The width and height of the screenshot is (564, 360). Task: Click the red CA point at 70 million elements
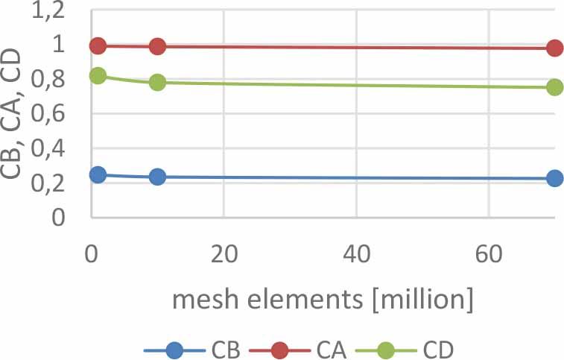coord(554,48)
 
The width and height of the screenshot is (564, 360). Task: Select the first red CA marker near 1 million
coord(98,45)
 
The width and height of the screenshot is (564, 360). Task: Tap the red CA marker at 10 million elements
coord(157,46)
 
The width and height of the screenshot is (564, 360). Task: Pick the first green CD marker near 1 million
coord(98,75)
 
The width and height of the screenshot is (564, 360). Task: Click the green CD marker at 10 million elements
coord(157,83)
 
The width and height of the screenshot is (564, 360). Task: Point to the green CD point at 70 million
coord(554,86)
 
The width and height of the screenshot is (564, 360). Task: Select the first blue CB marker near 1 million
coord(98,174)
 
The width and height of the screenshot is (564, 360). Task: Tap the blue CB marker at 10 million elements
coord(157,177)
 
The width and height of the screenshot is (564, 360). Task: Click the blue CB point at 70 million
coord(554,178)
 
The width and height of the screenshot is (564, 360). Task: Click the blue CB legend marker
coord(175,350)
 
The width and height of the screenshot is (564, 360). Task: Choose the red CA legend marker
coord(280,350)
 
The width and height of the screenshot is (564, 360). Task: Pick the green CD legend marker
coord(386,350)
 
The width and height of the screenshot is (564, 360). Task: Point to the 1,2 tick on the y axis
coord(48,12)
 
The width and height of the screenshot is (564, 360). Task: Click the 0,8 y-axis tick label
coord(48,80)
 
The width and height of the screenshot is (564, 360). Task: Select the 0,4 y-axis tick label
coord(48,148)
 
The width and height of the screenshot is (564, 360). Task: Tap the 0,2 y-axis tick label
coord(48,183)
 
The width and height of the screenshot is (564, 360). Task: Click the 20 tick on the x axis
coord(224,254)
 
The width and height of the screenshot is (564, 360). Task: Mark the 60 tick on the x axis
coord(489,254)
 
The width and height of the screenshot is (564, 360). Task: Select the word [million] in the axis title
coord(422,300)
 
